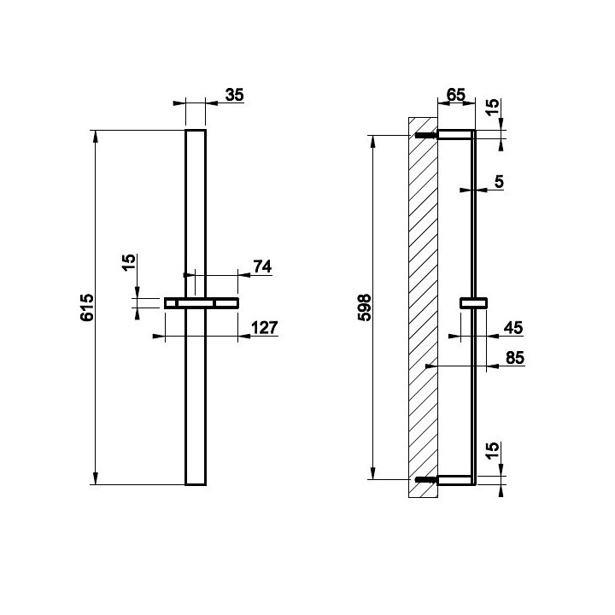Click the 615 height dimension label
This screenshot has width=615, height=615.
pos(87,307)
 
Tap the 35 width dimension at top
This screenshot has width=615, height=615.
pos(234,95)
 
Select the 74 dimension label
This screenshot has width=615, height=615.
pos(262,266)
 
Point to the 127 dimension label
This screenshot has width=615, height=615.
pos(264,327)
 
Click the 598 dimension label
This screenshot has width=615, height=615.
pos(365,307)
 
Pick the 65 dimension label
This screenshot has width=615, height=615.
pos(456,95)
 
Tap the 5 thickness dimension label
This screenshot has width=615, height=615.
pos(499,182)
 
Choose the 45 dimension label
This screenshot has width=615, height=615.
pos(513,327)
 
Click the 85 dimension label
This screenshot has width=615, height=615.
pos(515,358)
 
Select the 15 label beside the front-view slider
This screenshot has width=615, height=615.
pos(129,262)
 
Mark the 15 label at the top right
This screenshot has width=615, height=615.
pos(492,106)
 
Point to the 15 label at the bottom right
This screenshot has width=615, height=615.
pos(492,450)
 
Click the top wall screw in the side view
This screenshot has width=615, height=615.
pos(426,136)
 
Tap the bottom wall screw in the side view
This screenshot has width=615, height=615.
pos(426,479)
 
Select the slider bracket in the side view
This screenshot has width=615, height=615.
pos(473,303)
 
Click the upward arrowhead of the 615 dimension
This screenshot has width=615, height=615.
pos(95,136)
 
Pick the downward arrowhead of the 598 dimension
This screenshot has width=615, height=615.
pos(373,473)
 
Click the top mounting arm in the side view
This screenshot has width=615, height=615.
pos(454,135)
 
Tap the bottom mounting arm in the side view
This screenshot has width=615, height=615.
pos(454,480)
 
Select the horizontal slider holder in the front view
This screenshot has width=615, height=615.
pos(202,303)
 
